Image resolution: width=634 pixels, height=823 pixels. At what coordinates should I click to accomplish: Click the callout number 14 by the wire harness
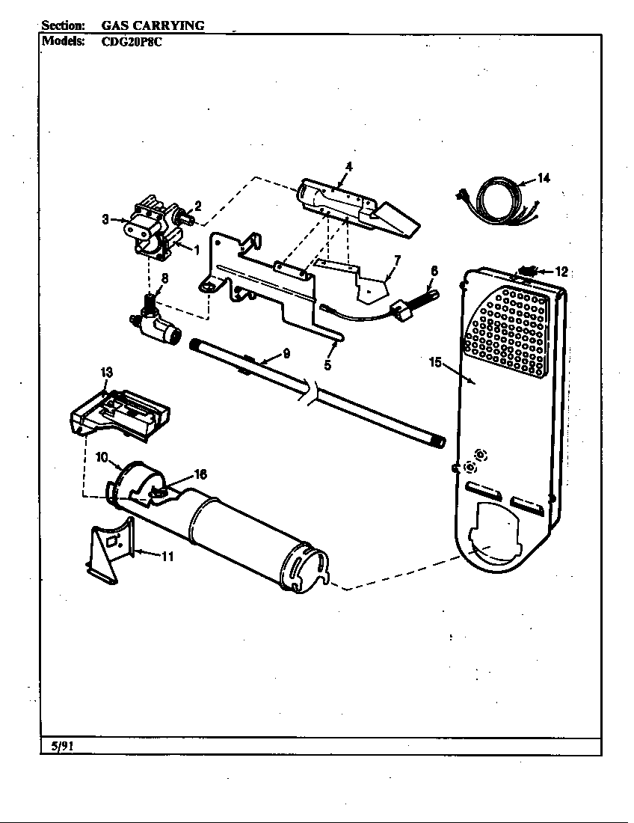[544, 178]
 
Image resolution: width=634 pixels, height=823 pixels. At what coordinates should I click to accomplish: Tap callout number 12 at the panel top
[561, 271]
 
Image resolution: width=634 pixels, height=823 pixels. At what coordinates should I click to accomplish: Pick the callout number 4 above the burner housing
[348, 165]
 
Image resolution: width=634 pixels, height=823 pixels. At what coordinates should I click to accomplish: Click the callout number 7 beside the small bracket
[397, 260]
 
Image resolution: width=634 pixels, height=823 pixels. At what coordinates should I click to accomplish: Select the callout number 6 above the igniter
[434, 271]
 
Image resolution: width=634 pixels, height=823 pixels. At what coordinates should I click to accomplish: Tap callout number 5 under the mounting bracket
[327, 365]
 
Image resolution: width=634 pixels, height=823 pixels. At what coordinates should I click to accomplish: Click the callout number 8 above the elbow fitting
[164, 278]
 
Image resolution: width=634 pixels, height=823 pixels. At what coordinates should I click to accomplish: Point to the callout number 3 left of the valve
[105, 219]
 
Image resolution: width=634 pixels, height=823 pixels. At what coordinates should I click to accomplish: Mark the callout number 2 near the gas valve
[198, 205]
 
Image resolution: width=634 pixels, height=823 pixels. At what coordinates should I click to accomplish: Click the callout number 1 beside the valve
[197, 250]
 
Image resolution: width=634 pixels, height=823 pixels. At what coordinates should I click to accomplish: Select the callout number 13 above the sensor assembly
[106, 372]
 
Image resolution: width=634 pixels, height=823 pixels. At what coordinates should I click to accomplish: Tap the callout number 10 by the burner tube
[102, 456]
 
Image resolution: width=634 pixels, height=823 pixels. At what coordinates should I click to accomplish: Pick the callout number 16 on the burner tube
[200, 474]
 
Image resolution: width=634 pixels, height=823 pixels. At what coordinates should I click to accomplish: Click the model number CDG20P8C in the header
[132, 42]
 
